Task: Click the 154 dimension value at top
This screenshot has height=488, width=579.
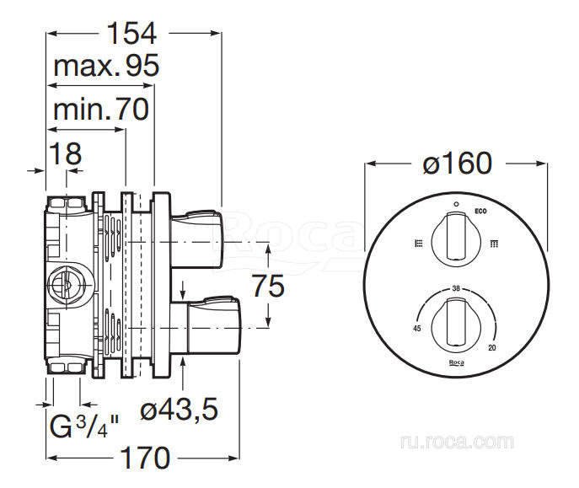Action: [132, 33]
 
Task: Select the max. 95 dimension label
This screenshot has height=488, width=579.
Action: [106, 67]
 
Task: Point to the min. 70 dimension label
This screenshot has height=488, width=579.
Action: [100, 109]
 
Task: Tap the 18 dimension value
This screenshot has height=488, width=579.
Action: [65, 153]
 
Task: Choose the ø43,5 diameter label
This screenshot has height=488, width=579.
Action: [179, 410]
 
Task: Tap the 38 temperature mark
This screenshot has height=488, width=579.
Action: [456, 287]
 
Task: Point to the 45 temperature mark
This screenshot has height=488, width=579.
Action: [417, 328]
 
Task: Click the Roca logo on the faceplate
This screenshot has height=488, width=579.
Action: [456, 362]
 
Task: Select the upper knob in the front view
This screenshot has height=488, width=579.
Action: [456, 237]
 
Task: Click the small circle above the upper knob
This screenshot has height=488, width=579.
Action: [456, 204]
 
